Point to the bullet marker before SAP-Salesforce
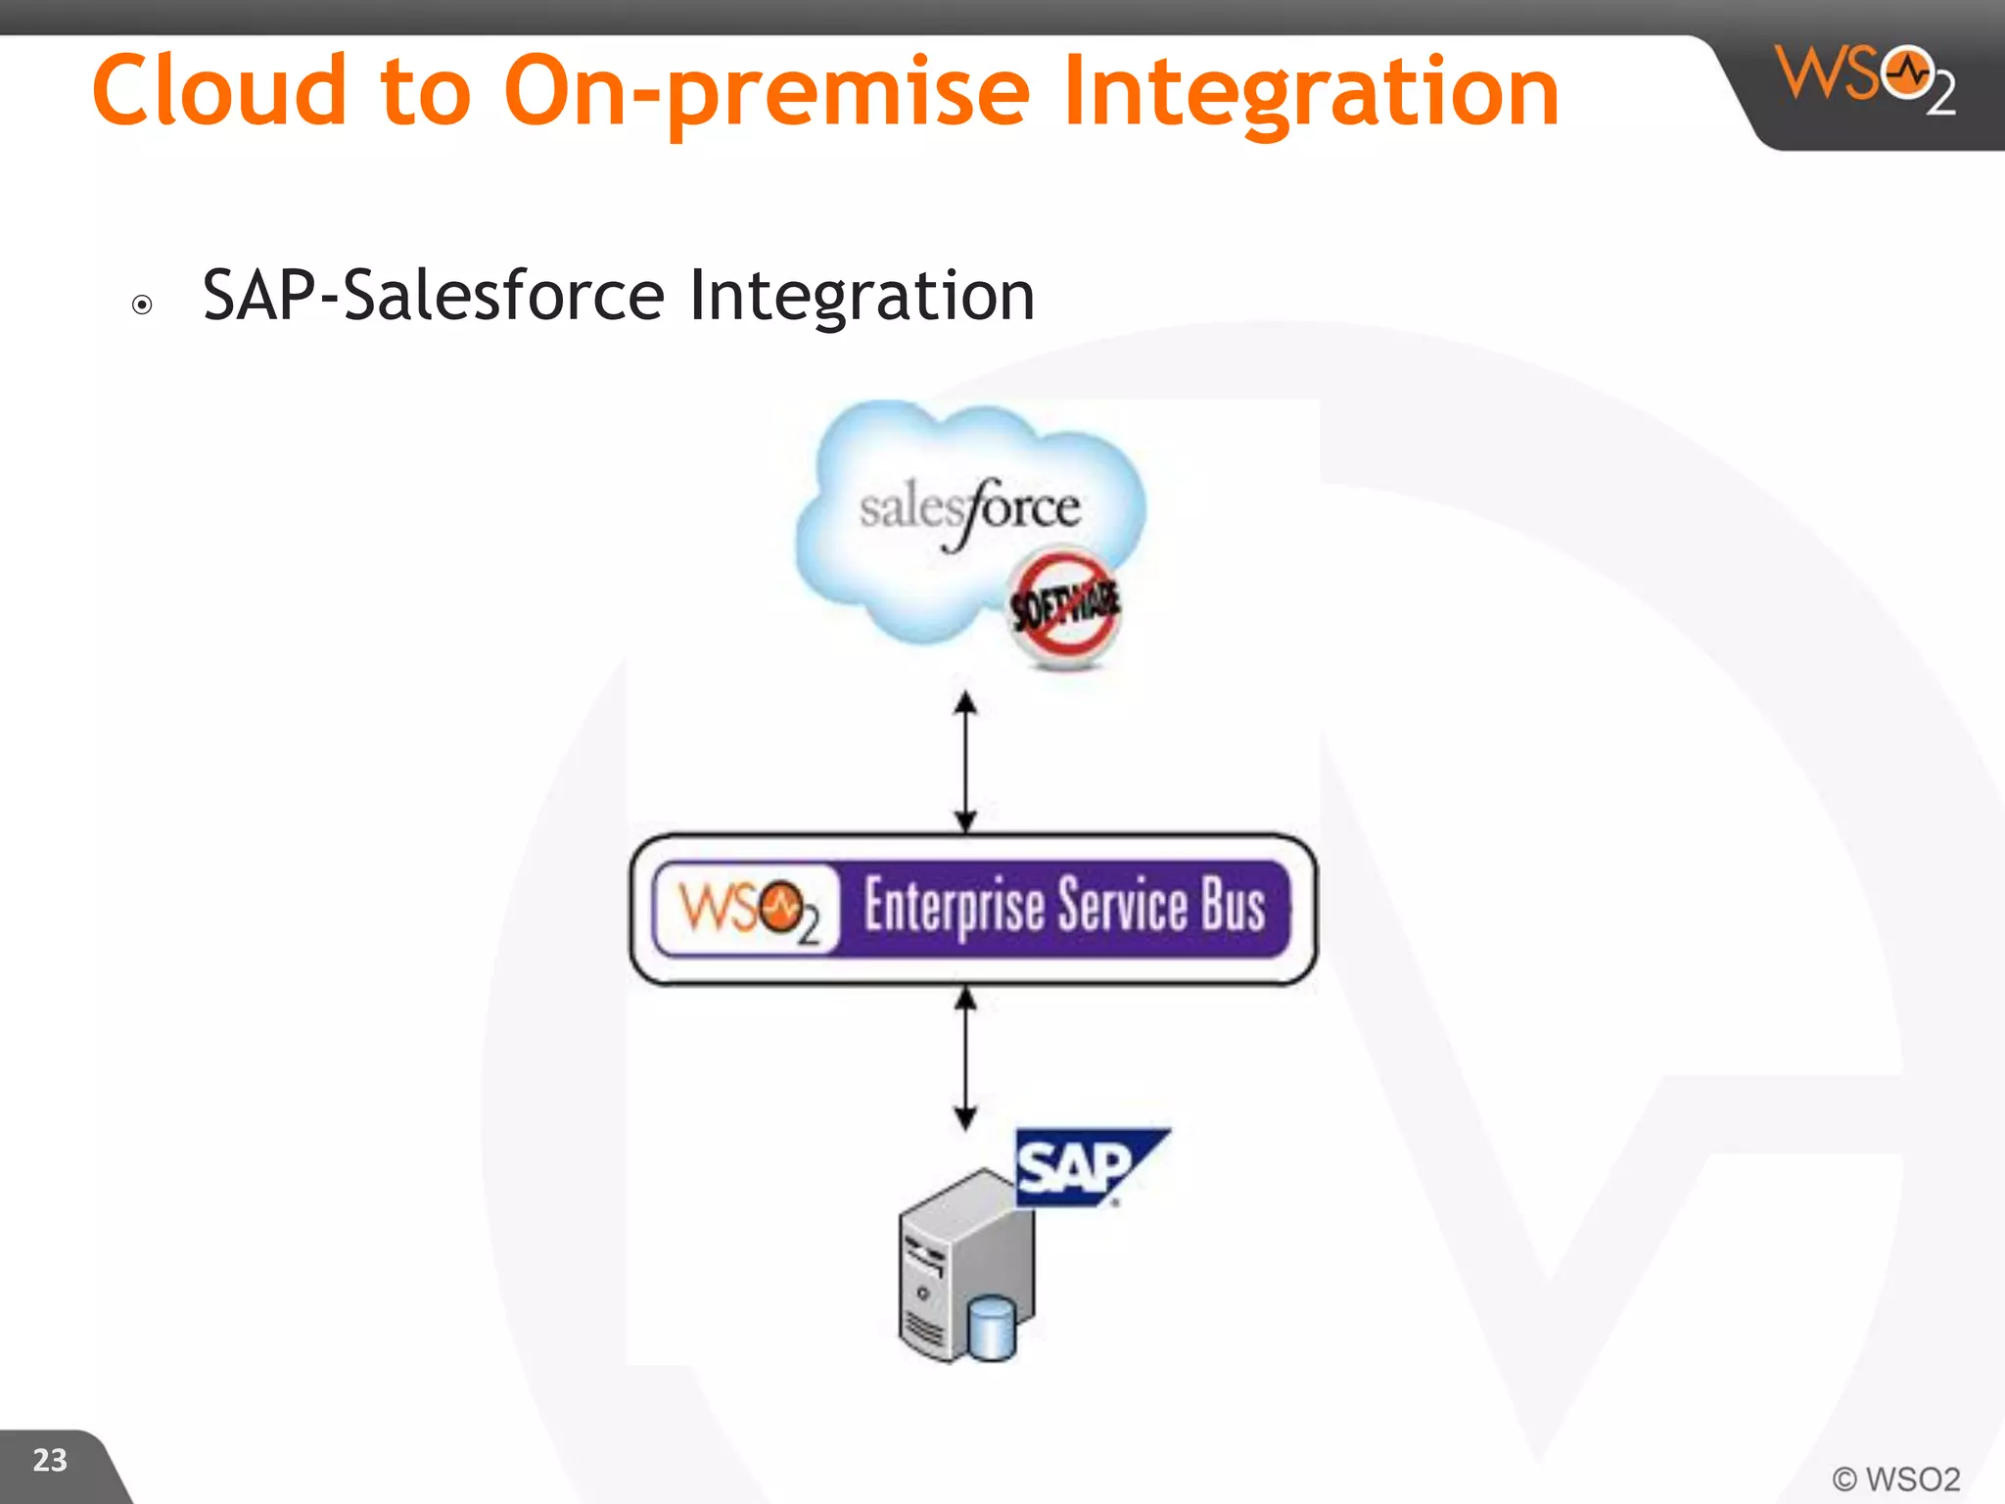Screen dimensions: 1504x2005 click(142, 305)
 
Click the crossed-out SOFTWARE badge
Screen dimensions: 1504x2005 click(1064, 607)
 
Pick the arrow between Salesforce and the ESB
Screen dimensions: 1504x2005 click(965, 762)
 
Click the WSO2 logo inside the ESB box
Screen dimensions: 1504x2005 click(748, 909)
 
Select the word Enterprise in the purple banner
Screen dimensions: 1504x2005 click(954, 907)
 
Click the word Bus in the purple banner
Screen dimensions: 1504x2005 click(1233, 905)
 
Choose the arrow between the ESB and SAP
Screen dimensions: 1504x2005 click(965, 1058)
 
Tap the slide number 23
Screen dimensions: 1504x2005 click(50, 1460)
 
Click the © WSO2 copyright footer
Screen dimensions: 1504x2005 click(1895, 1479)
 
